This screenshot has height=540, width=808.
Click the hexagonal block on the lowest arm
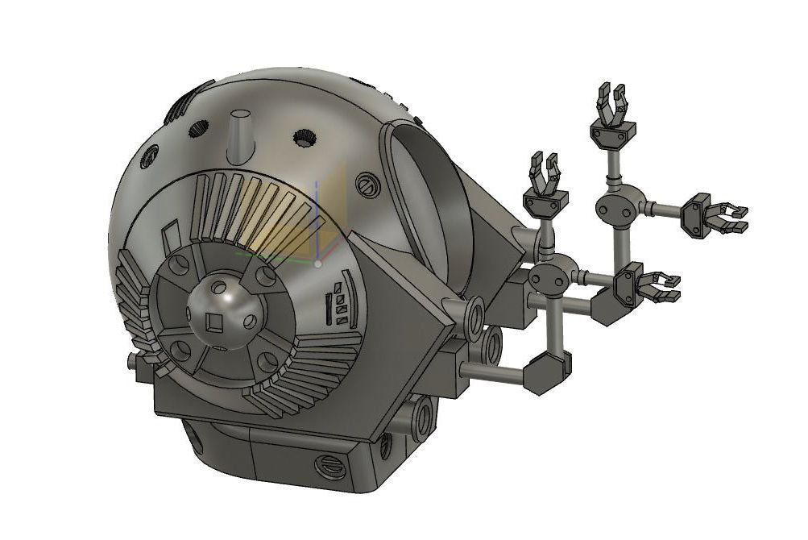click(x=548, y=373)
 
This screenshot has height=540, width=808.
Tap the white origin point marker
click(x=319, y=264)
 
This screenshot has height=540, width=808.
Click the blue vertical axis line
click(x=319, y=218)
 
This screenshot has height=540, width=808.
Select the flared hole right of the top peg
click(x=303, y=139)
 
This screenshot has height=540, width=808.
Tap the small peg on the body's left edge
click(x=132, y=360)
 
